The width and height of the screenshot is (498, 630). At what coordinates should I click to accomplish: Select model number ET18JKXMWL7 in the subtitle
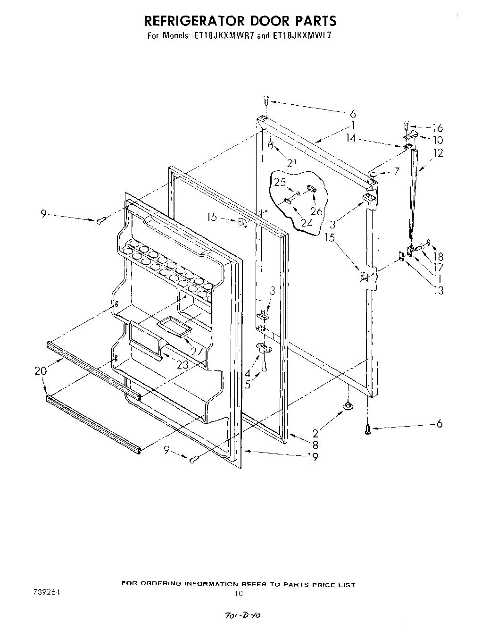[300, 35]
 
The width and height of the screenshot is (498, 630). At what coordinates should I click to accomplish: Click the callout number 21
[292, 163]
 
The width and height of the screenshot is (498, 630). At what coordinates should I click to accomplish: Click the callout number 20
[41, 371]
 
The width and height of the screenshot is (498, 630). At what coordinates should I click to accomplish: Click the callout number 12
[438, 153]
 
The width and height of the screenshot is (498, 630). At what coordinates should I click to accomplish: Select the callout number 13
[439, 290]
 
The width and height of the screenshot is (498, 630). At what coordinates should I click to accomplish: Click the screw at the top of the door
[266, 100]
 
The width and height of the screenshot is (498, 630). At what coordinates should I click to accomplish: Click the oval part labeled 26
[312, 189]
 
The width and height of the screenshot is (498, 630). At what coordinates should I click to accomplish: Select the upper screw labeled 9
[100, 220]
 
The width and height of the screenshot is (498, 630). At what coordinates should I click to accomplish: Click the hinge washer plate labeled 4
[264, 348]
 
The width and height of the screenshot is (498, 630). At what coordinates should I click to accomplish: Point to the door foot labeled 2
[348, 405]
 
